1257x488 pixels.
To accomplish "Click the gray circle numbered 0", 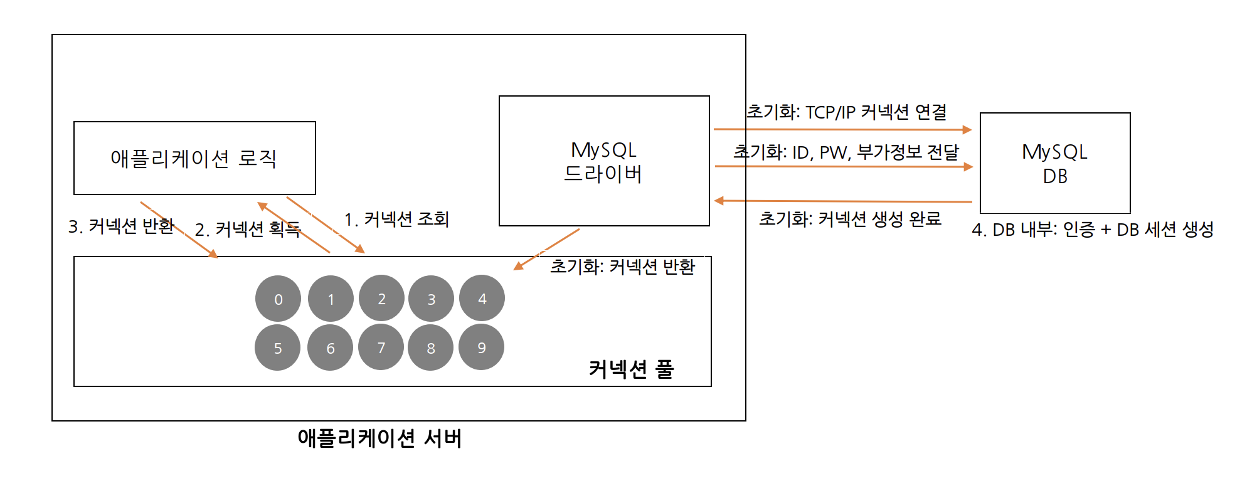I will point(278,299).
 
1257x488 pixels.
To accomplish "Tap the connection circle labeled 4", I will point(482,298).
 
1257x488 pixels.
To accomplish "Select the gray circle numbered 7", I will point(381,347).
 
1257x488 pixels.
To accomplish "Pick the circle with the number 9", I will point(481,347).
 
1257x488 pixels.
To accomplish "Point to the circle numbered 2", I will point(381,298).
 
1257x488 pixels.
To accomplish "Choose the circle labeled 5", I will point(277,347).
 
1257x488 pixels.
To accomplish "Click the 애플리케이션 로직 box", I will point(194,158).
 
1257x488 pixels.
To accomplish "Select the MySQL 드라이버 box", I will point(604,161).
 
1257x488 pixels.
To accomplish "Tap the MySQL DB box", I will point(1055,163).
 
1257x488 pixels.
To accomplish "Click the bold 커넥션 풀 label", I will point(630,369).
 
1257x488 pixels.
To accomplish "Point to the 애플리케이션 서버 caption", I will point(379,438).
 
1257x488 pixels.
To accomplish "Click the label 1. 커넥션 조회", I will point(396,220).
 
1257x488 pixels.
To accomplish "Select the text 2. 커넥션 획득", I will point(248,230).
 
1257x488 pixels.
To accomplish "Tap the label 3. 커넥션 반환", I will point(121,226).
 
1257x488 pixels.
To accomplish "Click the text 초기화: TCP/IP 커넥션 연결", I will point(846,112).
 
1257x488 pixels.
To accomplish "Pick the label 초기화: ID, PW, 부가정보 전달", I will point(846,152).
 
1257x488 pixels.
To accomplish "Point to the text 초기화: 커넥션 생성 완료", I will point(850,219).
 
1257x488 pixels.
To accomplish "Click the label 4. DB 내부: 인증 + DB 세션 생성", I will point(1092,230).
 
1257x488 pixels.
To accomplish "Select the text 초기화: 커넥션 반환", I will point(622,267).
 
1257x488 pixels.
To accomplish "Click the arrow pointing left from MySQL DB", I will point(844,201).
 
